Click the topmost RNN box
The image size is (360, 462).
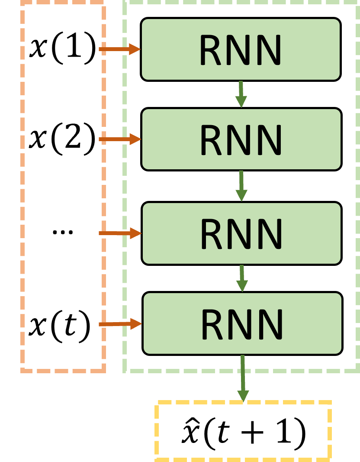click(x=241, y=49)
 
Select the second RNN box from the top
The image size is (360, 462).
click(x=241, y=139)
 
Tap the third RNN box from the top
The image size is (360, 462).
click(x=241, y=233)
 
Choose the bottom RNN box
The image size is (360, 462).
click(x=242, y=323)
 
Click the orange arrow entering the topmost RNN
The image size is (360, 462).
click(x=119, y=49)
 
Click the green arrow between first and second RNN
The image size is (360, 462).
click(x=241, y=94)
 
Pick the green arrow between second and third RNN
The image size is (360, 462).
click(x=241, y=186)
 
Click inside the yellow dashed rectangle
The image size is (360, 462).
click(x=243, y=430)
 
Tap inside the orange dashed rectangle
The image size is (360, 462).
click(x=63, y=186)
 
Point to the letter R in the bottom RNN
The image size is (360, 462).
click(x=213, y=324)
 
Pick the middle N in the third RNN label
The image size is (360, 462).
click(x=241, y=234)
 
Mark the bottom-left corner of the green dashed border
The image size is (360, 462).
click(x=125, y=371)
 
